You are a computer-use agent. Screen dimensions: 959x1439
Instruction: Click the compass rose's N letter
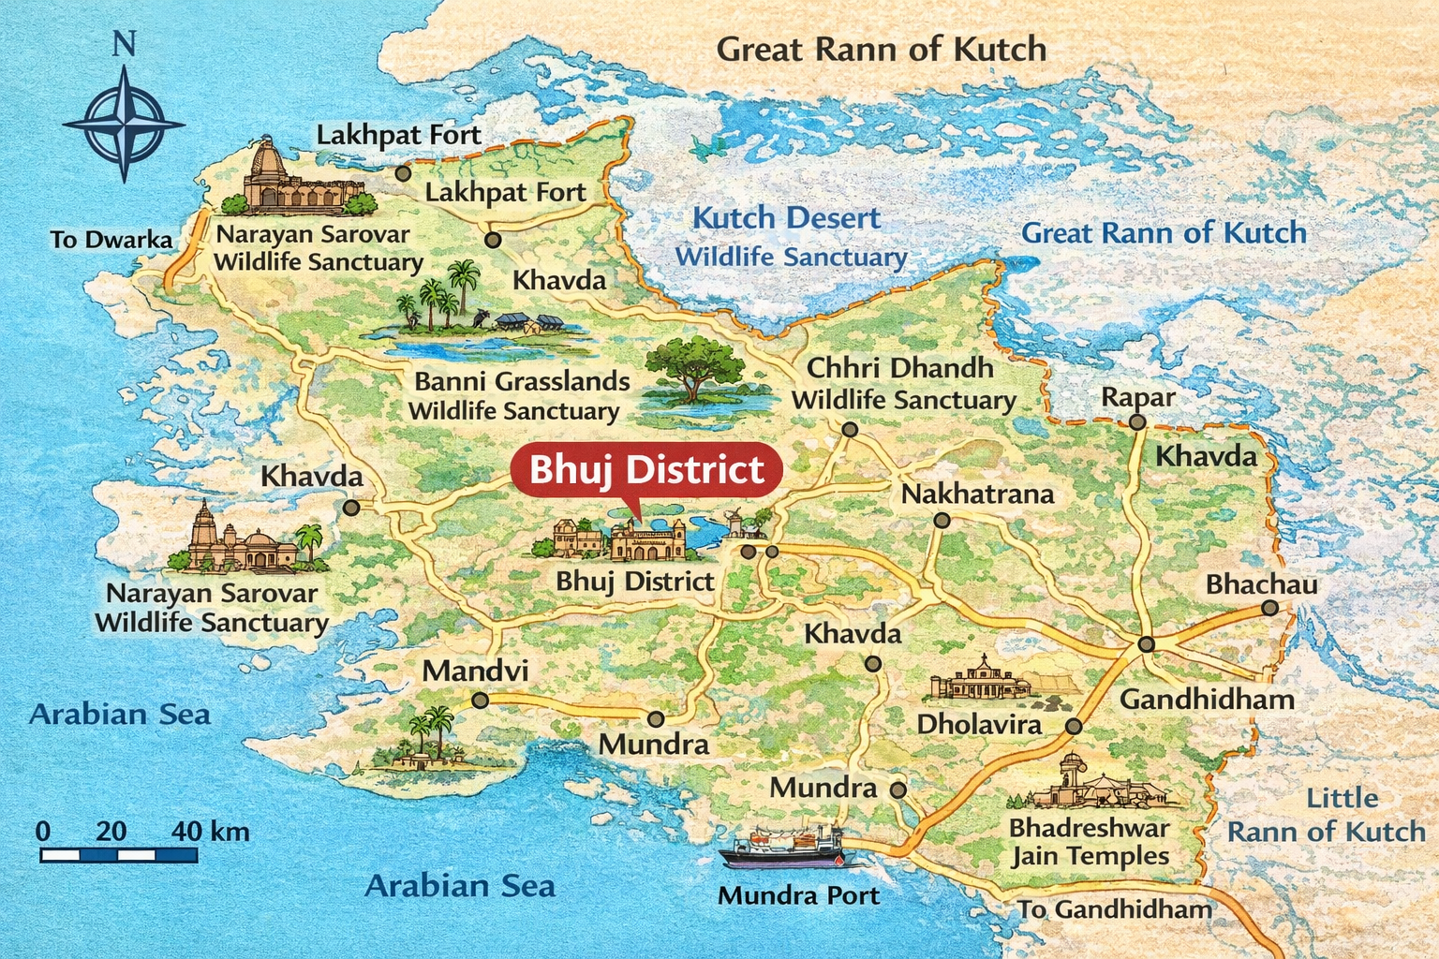click(x=124, y=45)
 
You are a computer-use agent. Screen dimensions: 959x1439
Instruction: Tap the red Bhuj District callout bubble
click(x=646, y=470)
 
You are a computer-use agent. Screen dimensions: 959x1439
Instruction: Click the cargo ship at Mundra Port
click(x=783, y=847)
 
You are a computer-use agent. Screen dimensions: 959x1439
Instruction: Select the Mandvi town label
click(x=475, y=671)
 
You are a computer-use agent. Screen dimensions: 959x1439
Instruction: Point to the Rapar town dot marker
click(x=1136, y=422)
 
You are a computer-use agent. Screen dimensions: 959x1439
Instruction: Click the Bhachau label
click(x=1261, y=584)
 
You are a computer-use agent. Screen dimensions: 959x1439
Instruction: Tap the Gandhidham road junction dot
click(x=1146, y=644)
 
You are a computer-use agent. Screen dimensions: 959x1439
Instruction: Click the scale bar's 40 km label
click(x=211, y=831)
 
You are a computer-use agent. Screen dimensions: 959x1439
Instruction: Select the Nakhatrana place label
click(x=977, y=494)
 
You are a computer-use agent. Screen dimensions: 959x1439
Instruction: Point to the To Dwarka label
click(x=111, y=240)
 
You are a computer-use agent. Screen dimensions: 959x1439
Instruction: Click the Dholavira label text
click(x=979, y=724)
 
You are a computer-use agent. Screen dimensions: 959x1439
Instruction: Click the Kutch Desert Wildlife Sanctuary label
click(x=789, y=236)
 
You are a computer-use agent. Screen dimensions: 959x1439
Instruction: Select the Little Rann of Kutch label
click(x=1326, y=815)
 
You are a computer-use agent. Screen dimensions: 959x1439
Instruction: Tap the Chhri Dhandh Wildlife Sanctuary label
click(x=902, y=383)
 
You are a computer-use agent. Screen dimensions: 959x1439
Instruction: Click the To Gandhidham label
click(x=1114, y=909)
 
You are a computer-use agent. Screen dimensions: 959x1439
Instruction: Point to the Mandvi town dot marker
click(x=480, y=700)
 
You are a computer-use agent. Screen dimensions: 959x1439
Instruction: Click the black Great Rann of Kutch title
click(x=881, y=49)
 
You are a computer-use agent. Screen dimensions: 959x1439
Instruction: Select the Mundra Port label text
click(x=798, y=895)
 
